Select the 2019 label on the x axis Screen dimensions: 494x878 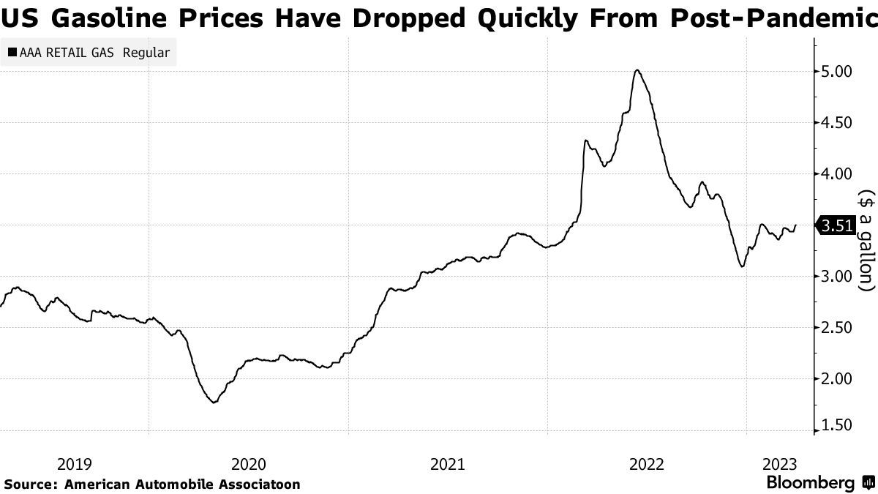point(74,463)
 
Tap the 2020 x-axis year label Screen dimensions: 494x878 point(249,463)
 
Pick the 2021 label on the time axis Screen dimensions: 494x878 point(448,463)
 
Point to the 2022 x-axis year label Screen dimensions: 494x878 point(647,463)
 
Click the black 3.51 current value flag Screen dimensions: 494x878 point(836,226)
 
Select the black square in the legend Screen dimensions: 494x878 point(12,53)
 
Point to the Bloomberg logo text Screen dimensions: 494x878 point(810,483)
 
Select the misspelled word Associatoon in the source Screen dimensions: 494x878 point(258,484)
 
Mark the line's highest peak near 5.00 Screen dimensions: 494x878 point(638,70)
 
